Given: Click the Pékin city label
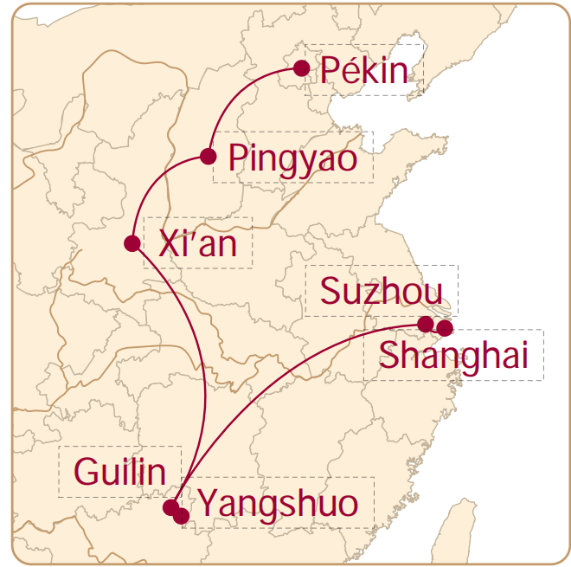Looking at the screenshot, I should [x=363, y=70].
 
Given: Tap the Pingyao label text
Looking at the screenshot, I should [x=292, y=158].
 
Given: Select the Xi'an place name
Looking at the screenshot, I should [x=197, y=244].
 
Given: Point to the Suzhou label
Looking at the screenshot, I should [x=381, y=292].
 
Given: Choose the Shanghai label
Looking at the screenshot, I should [x=453, y=356].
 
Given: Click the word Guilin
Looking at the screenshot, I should [x=119, y=473].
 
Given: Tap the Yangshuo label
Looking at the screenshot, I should [x=278, y=504].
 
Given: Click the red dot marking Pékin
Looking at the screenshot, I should [x=301, y=68].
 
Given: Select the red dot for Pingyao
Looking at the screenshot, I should [x=208, y=157].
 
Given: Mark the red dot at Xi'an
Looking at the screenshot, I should [x=132, y=243].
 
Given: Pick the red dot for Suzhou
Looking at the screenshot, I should [x=425, y=324].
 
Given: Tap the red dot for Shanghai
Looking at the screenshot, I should [x=445, y=328].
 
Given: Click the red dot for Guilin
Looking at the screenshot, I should [x=171, y=507].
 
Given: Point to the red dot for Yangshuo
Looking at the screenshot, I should [x=181, y=516].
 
